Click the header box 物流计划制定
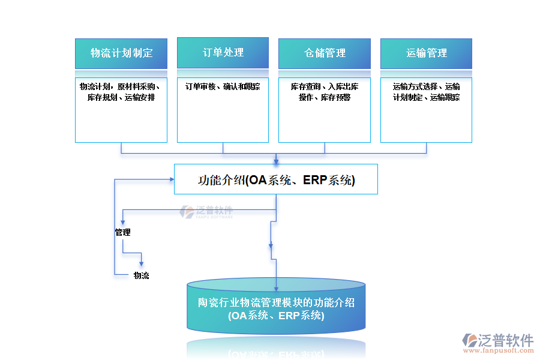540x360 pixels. point(121,53)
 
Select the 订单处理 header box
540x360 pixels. point(223,53)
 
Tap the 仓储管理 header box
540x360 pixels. point(325,53)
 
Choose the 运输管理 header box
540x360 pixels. point(426,53)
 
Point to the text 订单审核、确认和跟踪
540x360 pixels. point(223,86)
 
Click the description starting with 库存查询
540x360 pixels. point(325,92)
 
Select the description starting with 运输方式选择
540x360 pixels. point(426,92)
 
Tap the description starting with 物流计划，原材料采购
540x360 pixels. point(121,92)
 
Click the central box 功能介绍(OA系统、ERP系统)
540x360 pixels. point(276,179)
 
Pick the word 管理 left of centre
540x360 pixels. point(122,232)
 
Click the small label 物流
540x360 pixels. point(141,275)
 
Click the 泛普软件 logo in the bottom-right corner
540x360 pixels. point(499,341)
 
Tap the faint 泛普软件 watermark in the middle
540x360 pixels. point(206,211)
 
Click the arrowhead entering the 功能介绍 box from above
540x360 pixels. point(276,161)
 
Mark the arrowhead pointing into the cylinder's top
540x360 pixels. point(276,275)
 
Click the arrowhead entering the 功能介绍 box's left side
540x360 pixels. point(170,179)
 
